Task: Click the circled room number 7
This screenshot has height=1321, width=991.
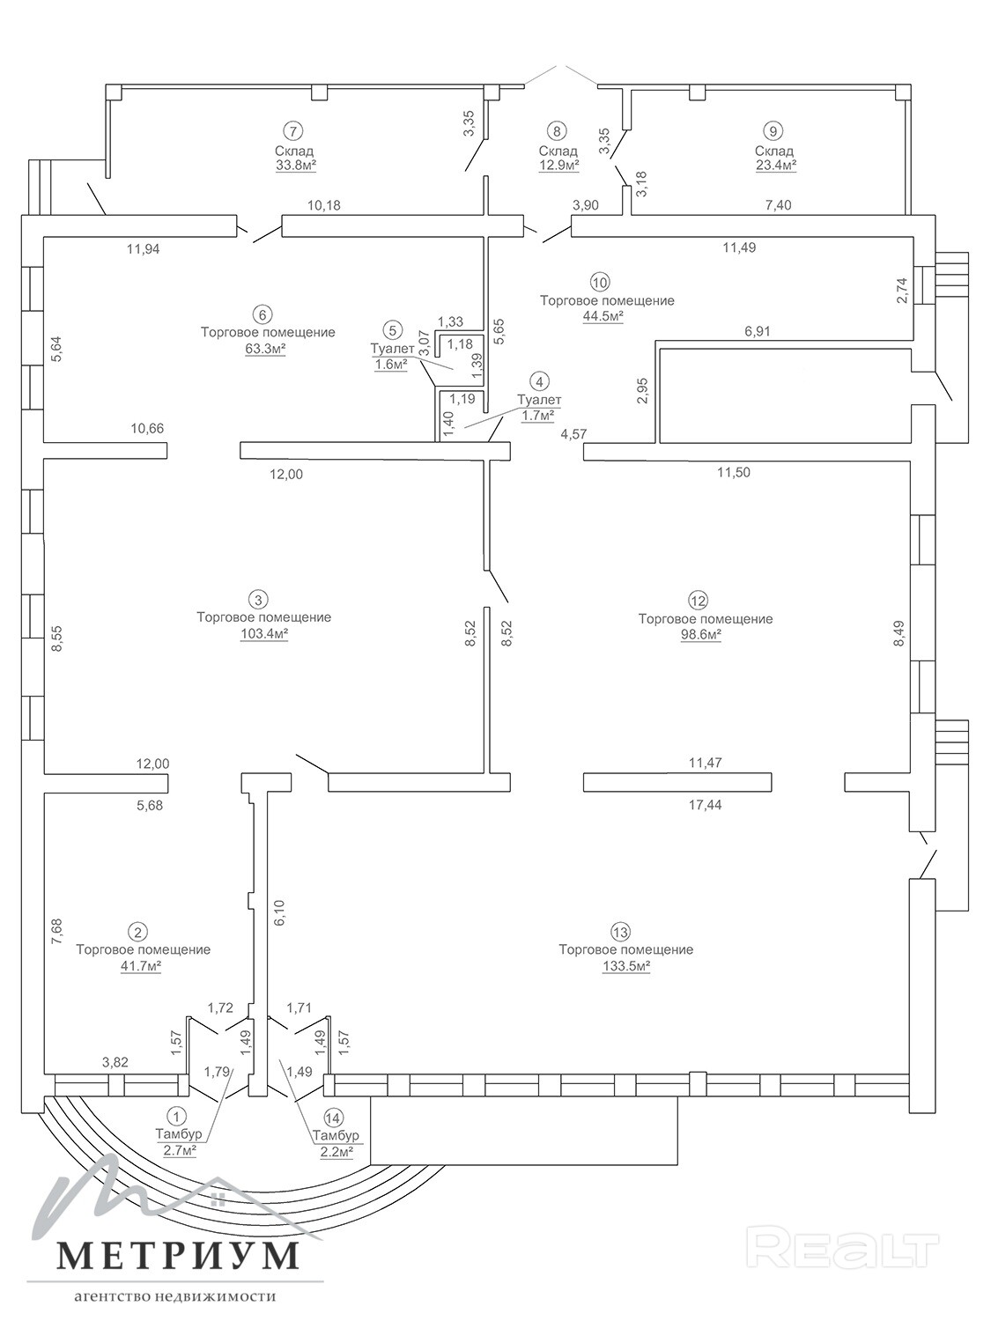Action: click(293, 130)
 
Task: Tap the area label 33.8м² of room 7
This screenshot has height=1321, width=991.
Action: click(296, 165)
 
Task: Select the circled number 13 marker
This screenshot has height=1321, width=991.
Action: click(620, 933)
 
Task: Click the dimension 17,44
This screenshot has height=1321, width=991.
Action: click(706, 805)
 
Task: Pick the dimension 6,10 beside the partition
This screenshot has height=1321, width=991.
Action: click(278, 913)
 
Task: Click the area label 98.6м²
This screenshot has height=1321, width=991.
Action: click(701, 635)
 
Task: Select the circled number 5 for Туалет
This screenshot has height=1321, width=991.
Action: click(392, 330)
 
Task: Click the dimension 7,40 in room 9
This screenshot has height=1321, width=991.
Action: click(778, 206)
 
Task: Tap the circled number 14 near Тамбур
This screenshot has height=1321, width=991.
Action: click(332, 1117)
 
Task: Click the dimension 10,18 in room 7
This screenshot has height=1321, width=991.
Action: click(323, 205)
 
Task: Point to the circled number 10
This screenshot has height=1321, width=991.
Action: click(600, 282)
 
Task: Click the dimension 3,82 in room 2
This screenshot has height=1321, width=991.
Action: click(115, 1062)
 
